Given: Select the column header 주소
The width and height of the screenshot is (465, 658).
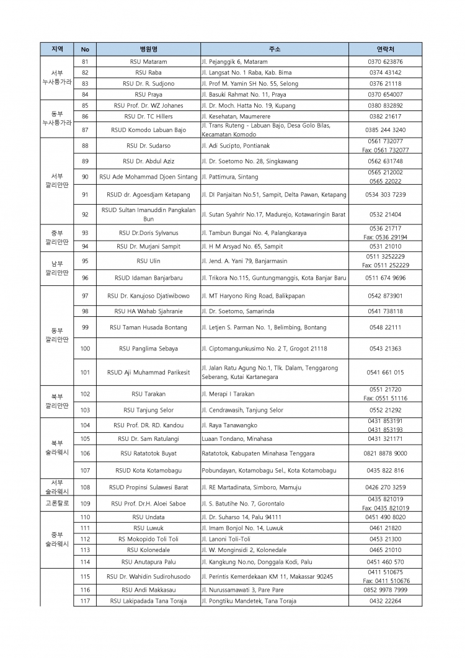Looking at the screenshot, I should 275,48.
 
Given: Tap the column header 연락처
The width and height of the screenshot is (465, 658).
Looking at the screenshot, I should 385,48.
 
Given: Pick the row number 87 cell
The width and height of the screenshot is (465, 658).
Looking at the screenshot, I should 85,130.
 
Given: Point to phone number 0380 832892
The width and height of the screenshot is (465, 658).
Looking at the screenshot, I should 385,105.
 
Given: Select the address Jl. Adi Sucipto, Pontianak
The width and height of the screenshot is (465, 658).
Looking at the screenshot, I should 236,146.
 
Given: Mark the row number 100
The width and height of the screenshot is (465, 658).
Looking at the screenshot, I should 85,349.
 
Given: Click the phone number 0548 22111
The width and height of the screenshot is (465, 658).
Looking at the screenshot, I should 385,327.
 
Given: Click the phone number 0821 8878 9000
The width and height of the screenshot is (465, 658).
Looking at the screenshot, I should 385,453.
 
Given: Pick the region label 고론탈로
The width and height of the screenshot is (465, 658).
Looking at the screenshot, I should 57,503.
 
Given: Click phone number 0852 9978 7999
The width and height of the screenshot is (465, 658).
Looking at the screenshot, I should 385,590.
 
